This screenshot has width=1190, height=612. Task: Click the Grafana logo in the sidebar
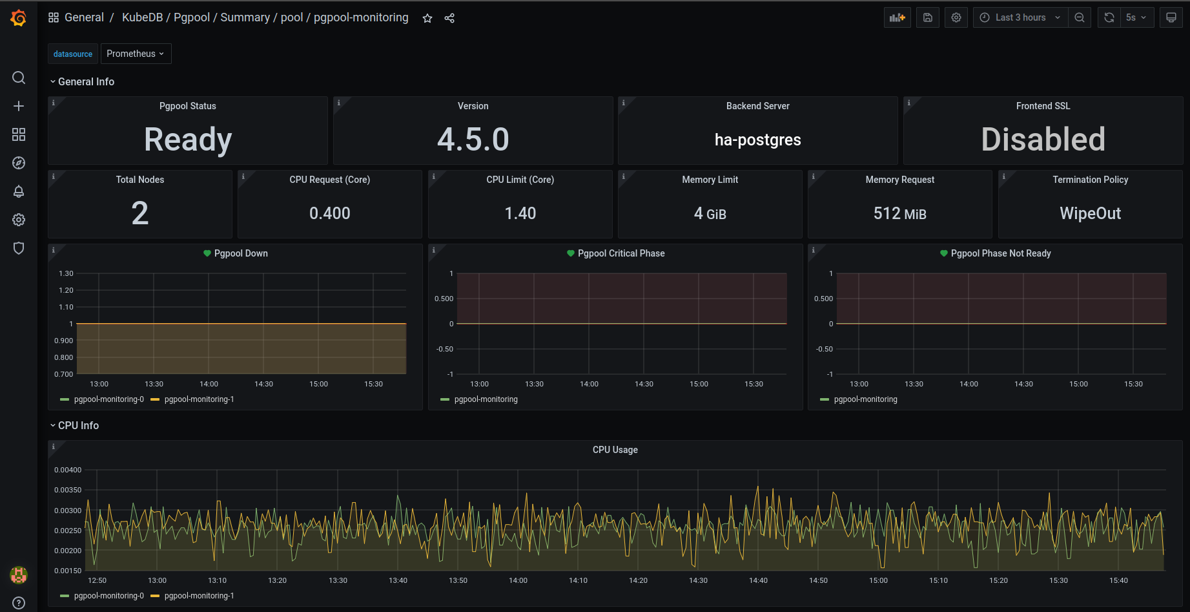18,18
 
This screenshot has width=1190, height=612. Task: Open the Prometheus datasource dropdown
136,54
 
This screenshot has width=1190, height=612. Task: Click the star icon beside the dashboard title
427,18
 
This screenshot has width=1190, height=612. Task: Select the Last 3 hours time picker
1020,17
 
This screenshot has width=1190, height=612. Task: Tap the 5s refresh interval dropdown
1136,17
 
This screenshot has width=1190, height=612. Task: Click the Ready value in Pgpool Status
188,140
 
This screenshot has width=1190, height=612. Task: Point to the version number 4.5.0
473,140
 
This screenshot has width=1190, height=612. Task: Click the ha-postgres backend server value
757,140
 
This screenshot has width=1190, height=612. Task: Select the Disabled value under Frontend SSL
1043,140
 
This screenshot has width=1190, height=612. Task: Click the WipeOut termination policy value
1090,213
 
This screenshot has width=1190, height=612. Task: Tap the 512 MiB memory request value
899,213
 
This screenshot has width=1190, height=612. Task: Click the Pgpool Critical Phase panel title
621,253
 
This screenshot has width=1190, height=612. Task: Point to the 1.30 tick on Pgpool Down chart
66,273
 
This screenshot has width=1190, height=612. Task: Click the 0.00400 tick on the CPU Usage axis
68,470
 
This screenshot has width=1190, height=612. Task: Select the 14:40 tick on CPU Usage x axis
758,580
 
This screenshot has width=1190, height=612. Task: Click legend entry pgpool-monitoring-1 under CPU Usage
199,596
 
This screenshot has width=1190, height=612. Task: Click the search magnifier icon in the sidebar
19,78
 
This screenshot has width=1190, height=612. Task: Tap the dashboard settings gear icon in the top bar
956,17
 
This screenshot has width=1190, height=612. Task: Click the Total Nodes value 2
140,213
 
